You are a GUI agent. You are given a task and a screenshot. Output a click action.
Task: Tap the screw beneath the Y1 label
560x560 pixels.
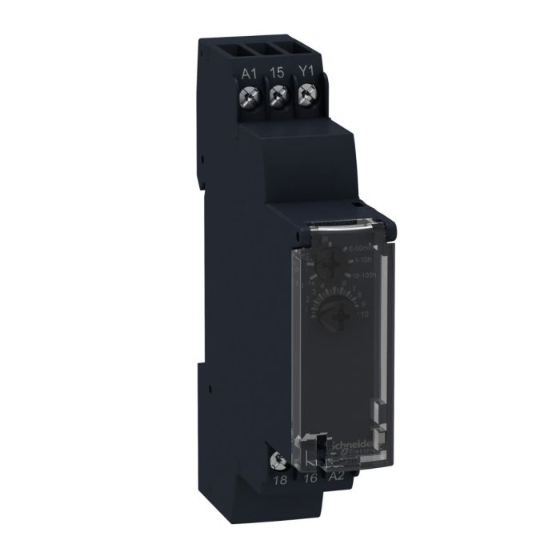click(304, 97)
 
